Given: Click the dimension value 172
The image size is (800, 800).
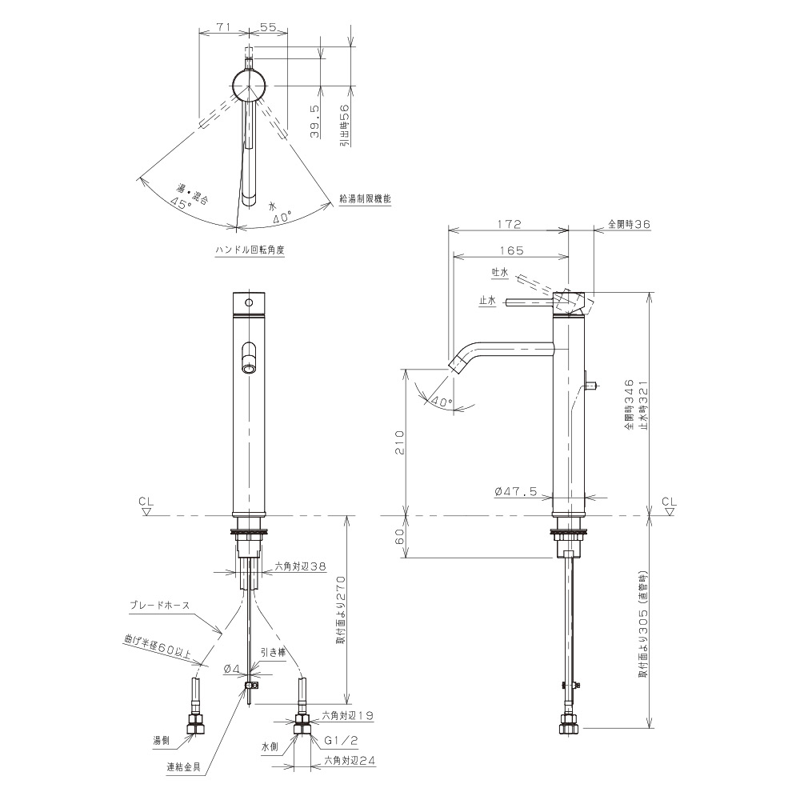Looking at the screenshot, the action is (x=509, y=224).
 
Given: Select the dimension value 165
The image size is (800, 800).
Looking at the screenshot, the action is (x=512, y=250).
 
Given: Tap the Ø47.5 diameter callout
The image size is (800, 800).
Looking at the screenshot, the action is (x=516, y=491).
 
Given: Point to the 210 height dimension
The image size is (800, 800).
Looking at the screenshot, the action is (x=399, y=442).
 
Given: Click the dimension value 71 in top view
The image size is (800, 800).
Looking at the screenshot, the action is (x=222, y=27).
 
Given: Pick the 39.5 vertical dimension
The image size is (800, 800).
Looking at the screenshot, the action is (x=314, y=122).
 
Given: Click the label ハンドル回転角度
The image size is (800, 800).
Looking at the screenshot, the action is (x=250, y=250).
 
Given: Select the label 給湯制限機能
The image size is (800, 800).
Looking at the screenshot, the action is (x=365, y=198).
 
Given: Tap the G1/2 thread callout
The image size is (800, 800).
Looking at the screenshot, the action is (x=342, y=740).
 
